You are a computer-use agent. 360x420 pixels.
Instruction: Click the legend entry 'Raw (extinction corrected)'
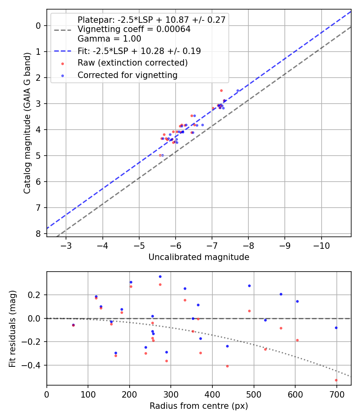point(132,63)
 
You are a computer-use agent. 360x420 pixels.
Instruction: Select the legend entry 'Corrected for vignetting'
point(128,75)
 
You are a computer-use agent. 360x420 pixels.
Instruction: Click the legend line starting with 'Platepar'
point(152,20)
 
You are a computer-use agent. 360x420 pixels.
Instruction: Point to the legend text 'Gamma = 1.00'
point(109,39)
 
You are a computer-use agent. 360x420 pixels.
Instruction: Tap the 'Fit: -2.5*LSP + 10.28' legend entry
point(139,51)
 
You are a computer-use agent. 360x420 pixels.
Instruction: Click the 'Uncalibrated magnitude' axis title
point(199,257)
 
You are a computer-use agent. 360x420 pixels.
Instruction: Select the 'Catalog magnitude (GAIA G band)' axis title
point(27,130)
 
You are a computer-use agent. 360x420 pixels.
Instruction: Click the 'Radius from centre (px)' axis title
point(199,406)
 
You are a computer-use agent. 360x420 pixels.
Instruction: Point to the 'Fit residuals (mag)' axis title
point(13,328)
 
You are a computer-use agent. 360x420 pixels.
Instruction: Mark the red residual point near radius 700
point(336,380)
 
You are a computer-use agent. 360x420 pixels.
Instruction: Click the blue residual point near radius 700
point(336,328)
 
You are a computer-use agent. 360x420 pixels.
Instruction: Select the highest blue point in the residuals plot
point(160,276)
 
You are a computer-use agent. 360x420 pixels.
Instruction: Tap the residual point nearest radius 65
point(73,325)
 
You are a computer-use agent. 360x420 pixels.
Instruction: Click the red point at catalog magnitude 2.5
point(221,90)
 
